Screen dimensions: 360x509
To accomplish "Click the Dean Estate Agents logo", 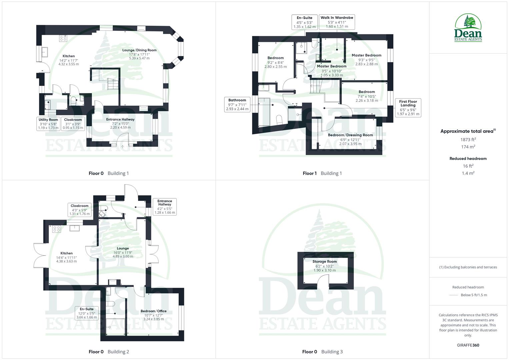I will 468,28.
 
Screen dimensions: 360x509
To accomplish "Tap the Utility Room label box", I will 48,123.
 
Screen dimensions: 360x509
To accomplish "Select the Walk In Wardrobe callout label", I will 337,22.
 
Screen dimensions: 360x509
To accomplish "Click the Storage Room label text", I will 325,262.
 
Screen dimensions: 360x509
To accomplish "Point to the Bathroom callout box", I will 237,104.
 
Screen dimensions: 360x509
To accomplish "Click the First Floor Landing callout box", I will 408,108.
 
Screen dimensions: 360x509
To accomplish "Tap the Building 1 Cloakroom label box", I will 73,123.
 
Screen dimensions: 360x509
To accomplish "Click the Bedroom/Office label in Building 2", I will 153,311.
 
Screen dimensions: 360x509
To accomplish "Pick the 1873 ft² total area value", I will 468,140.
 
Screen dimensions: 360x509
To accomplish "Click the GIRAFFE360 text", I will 468,345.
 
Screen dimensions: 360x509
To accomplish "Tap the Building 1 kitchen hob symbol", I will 63,38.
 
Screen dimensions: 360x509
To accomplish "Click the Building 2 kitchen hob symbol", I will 56,229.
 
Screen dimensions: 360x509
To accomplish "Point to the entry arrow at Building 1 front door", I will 122,147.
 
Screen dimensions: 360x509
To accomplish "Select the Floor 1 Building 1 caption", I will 322,173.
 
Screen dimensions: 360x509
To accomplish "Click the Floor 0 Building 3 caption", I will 322,352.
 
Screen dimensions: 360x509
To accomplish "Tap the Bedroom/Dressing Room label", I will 350,135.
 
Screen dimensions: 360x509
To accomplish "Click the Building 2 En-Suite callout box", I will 87,313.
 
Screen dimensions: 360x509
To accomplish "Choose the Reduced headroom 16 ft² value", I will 468,166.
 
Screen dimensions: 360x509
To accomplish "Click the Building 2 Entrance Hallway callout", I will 165,207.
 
